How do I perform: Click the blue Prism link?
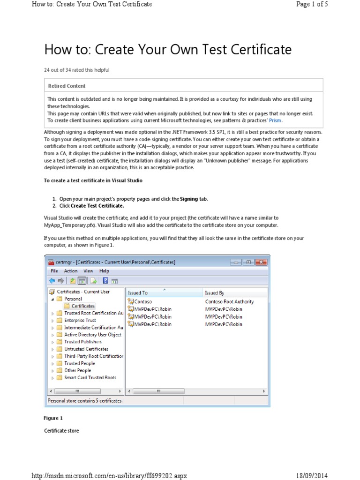[275, 120]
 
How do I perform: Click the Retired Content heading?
[67, 86]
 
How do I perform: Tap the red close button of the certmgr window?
[262, 262]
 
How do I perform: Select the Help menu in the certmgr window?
[104, 271]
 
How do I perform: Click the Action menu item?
[71, 271]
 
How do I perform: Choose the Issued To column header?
[138, 292]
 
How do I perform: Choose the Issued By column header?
[215, 292]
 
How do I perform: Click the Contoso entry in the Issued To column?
[142, 302]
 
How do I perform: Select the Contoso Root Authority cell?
[229, 302]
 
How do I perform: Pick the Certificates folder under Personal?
[82, 306]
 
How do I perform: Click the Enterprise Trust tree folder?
[80, 320]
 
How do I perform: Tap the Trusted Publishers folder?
[82, 342]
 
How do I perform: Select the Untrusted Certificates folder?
[86, 349]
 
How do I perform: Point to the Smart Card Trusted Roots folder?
[90, 377]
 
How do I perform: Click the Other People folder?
[77, 370]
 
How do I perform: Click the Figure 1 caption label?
[53, 418]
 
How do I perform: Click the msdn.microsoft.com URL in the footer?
[109, 475]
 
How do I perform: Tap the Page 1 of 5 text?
[312, 4]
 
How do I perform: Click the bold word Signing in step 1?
[189, 199]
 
